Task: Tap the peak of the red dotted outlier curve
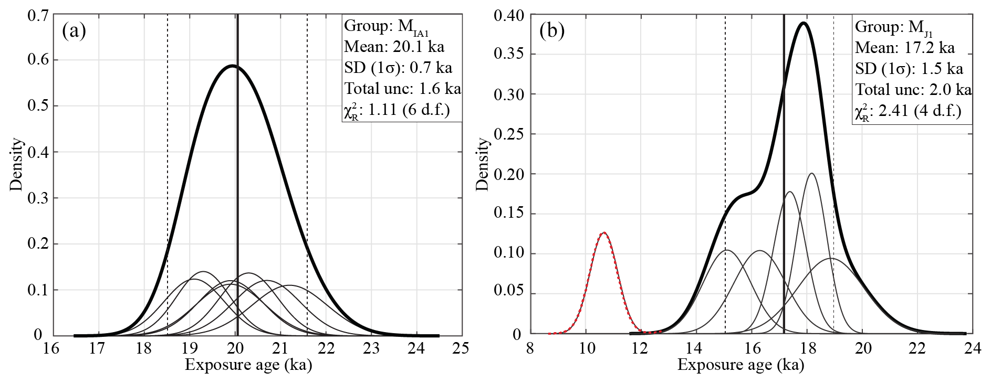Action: [x=604, y=232]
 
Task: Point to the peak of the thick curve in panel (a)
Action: [x=232, y=66]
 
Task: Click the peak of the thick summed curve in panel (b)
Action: [x=804, y=23]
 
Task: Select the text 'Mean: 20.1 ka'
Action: [x=394, y=47]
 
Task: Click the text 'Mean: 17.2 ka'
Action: [x=904, y=48]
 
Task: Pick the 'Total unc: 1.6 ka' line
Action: [x=403, y=89]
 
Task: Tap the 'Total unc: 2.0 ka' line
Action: [x=913, y=90]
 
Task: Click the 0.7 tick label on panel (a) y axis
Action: [x=38, y=16]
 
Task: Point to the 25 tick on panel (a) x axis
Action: [x=461, y=348]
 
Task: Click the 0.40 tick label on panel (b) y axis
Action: [x=509, y=16]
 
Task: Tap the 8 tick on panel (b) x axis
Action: [x=530, y=348]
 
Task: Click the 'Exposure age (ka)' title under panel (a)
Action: [x=248, y=365]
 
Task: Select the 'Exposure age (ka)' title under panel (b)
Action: [x=740, y=365]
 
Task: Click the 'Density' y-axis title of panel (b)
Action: [x=482, y=164]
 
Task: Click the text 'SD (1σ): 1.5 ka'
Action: [x=909, y=69]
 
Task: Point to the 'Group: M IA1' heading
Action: [x=387, y=26]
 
